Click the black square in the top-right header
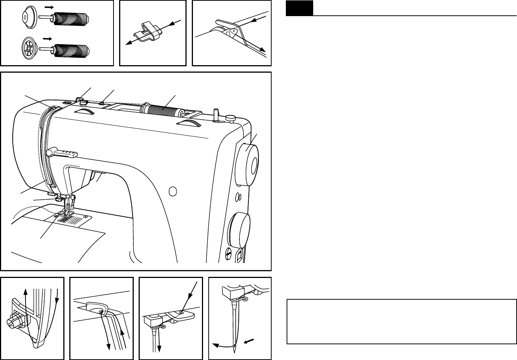[299, 8]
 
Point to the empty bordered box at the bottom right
[401, 321]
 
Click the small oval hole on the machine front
[172, 192]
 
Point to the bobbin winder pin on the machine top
[215, 114]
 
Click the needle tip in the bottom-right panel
[235, 351]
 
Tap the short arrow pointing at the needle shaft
[248, 341]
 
